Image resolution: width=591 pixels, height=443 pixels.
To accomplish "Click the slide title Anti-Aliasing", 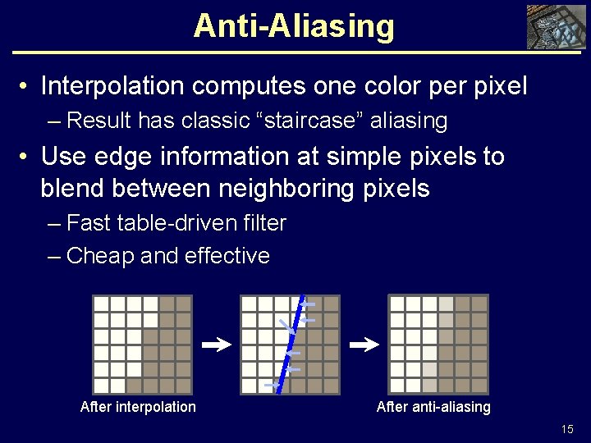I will click(x=294, y=26).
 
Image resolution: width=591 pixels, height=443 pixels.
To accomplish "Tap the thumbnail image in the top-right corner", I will click(x=554, y=27).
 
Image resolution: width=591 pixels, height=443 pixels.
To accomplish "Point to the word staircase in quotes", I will click(x=314, y=121).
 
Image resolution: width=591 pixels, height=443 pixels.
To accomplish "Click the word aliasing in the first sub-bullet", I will click(x=408, y=121).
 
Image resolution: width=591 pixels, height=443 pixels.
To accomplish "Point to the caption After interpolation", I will click(x=138, y=407).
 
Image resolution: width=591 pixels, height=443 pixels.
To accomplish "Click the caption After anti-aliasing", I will click(x=433, y=407).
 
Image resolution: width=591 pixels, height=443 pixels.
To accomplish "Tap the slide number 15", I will click(x=567, y=429).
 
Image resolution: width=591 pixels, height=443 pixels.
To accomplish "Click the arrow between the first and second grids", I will click(x=216, y=346).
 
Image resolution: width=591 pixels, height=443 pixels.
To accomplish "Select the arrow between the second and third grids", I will click(x=364, y=346).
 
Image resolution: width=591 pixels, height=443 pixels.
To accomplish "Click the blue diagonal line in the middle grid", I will click(x=291, y=345).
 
